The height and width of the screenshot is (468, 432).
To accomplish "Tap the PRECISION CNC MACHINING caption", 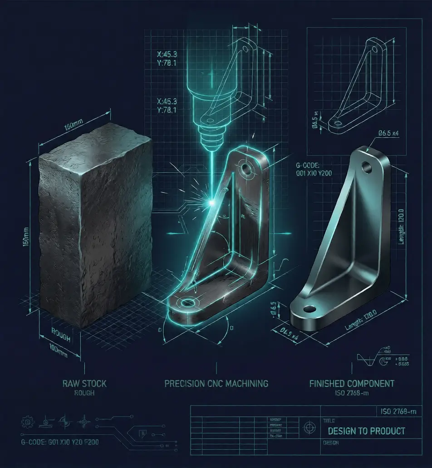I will coord(216,384).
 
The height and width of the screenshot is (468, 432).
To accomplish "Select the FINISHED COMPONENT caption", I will coord(352,384).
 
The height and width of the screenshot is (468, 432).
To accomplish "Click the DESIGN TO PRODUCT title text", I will coord(366,431).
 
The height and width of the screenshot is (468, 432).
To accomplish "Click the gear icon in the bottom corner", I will coord(27,422).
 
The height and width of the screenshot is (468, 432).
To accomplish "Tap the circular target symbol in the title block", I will coord(310,427).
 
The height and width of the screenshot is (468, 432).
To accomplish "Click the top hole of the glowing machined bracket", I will coord(247,170).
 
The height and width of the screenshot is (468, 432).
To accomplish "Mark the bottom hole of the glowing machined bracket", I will coord(186,302).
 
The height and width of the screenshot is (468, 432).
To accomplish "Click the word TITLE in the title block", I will coord(329,421).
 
